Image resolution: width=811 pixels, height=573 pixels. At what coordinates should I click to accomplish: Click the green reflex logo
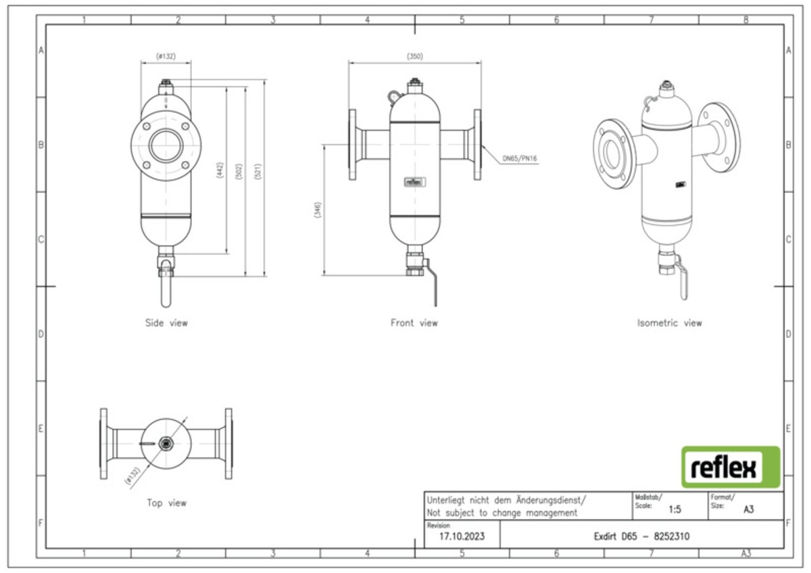(x=730, y=467)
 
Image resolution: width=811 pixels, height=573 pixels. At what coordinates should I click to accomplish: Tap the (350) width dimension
(x=415, y=57)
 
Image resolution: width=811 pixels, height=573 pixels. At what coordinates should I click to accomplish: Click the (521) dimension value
(x=257, y=171)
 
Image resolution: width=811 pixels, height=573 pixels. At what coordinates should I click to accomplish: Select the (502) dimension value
(x=239, y=171)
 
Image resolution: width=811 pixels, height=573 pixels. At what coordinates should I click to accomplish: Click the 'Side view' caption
(x=166, y=323)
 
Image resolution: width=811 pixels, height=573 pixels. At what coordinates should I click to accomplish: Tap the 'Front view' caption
(x=414, y=323)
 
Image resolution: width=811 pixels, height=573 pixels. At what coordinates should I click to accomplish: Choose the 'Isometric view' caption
(x=669, y=323)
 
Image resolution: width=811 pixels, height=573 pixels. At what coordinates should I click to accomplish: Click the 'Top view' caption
(x=166, y=503)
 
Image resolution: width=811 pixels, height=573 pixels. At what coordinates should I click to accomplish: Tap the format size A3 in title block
(x=748, y=510)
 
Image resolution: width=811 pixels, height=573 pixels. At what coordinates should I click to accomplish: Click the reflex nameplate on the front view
(x=414, y=181)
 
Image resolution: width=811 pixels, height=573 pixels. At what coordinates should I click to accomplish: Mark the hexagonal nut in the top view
(x=166, y=444)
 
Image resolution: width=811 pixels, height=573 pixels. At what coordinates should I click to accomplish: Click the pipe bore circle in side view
(x=166, y=145)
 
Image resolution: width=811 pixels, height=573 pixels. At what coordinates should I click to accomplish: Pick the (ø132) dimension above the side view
(x=166, y=57)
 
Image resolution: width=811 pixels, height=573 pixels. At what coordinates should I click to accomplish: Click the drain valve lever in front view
(x=435, y=288)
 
